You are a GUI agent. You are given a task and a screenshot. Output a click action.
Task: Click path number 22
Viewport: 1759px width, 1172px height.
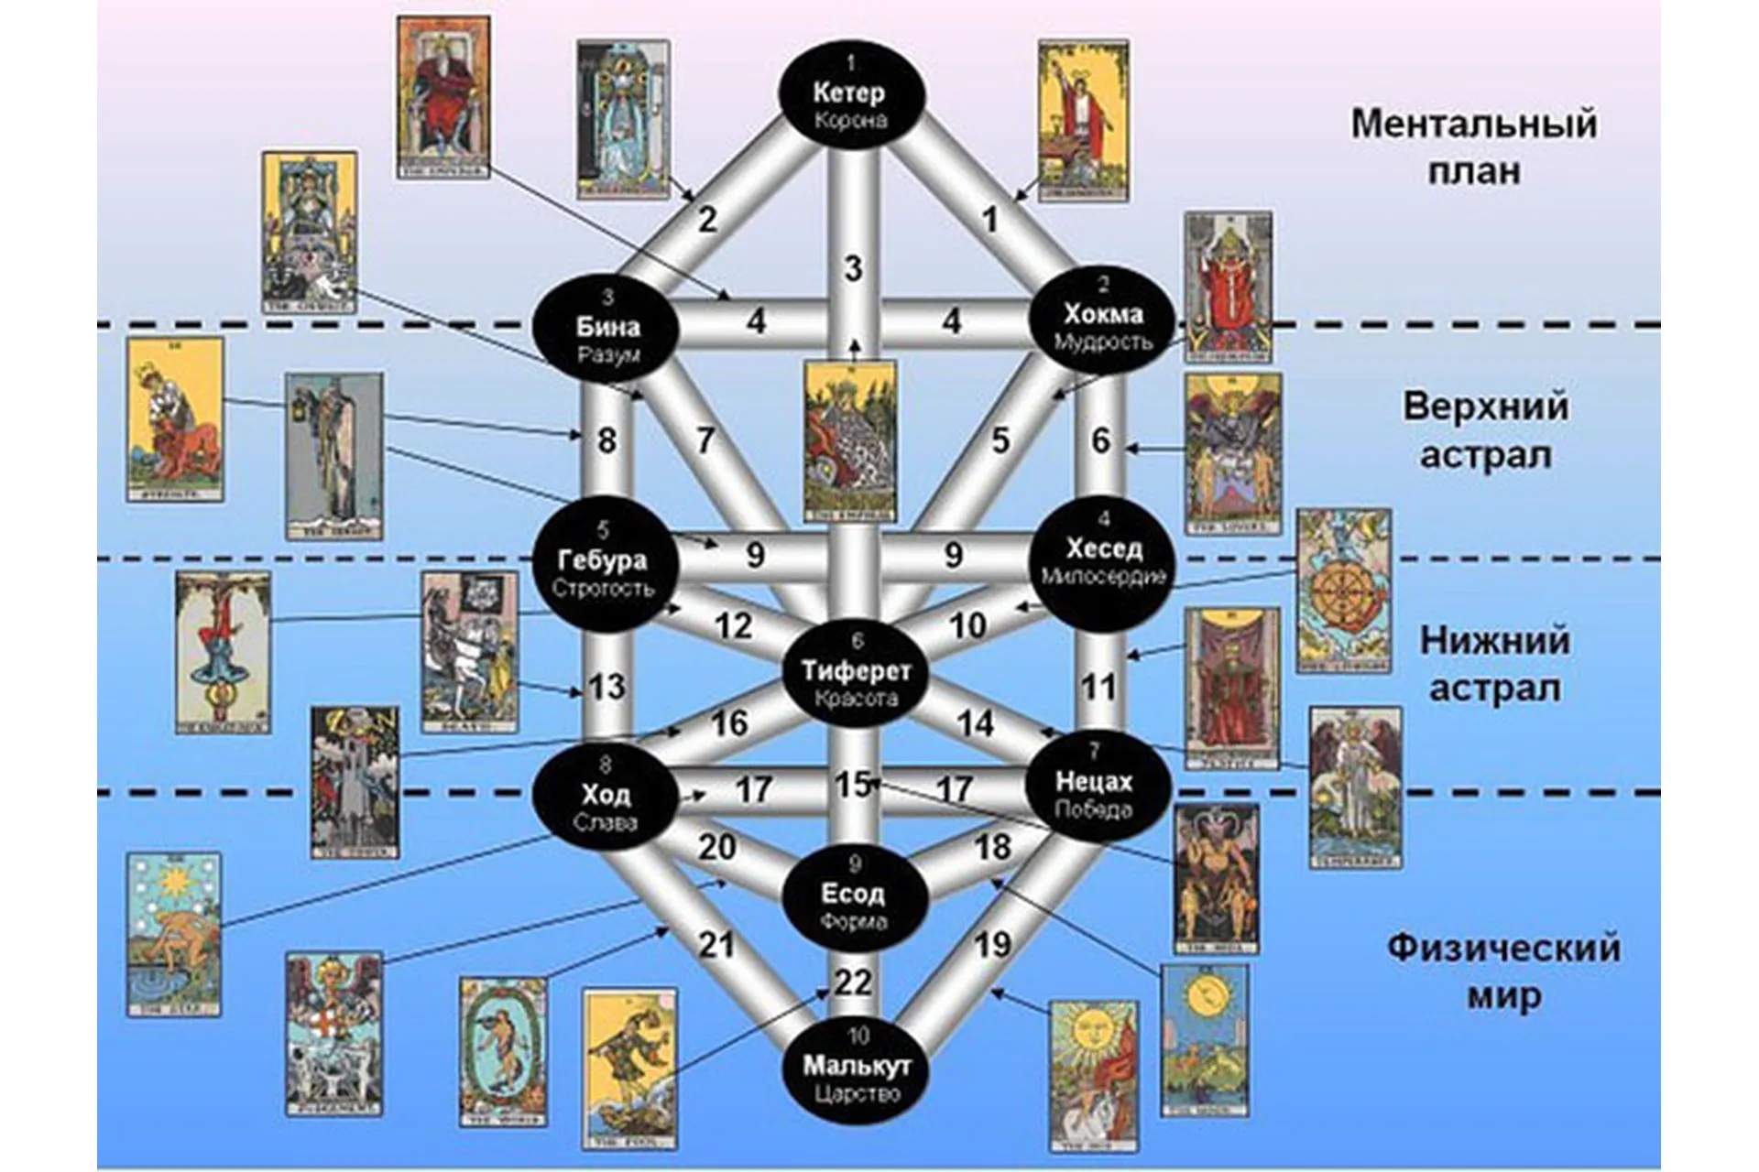click(853, 982)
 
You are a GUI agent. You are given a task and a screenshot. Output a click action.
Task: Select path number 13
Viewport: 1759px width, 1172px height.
click(606, 687)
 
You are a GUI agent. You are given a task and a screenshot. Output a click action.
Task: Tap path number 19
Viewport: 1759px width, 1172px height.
click(992, 944)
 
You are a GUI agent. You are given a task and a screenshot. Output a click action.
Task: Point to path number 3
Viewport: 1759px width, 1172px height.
click(853, 269)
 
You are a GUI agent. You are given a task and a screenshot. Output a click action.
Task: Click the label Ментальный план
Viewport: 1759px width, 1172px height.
click(1473, 146)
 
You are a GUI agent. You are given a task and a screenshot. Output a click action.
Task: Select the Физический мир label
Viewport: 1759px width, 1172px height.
click(1502, 971)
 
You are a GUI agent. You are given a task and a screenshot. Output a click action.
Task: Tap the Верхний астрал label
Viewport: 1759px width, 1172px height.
click(1485, 430)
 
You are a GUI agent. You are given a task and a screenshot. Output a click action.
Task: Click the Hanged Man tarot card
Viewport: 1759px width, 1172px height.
click(223, 652)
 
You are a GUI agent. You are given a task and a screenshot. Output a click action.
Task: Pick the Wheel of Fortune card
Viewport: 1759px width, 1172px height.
click(1344, 591)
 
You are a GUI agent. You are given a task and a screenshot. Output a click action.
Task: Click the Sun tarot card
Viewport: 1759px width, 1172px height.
click(1095, 1076)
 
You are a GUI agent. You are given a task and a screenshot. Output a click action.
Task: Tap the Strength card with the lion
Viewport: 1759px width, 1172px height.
click(175, 419)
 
